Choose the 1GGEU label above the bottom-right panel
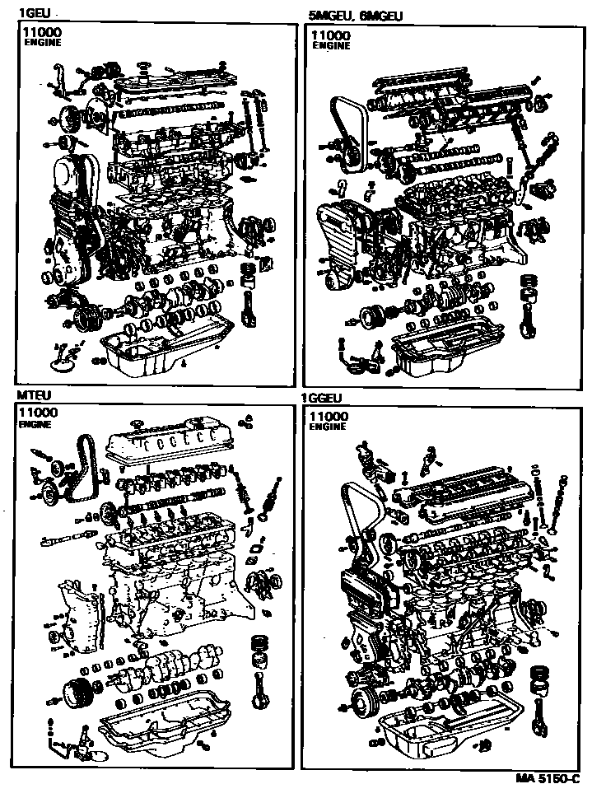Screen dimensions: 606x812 coord(321,399)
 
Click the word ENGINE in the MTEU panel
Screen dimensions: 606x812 coord(35,425)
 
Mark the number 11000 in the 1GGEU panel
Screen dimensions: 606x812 coord(329,417)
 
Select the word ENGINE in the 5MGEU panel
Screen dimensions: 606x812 coord(331,46)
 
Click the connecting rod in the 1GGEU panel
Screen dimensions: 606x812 coord(539,708)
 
